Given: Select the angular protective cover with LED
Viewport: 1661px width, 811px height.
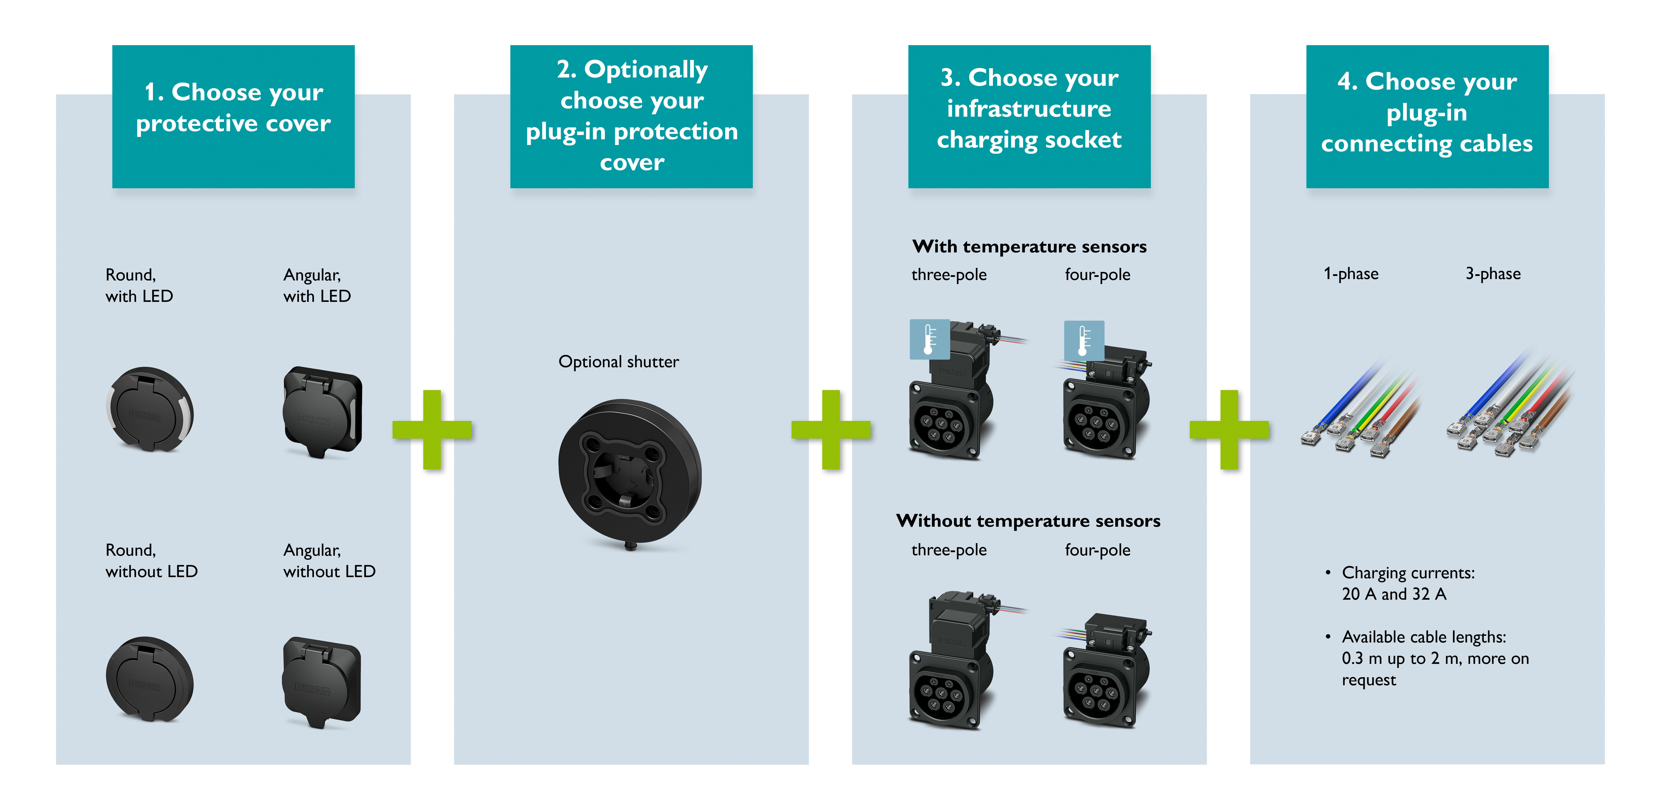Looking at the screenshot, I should tap(323, 411).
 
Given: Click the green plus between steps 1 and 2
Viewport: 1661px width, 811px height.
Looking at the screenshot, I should tap(432, 430).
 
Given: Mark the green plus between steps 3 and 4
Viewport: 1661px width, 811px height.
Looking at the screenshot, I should tap(1229, 430).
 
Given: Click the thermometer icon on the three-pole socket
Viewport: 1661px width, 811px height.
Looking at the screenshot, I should tap(929, 339).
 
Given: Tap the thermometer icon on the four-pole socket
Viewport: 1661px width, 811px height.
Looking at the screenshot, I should tap(1084, 340).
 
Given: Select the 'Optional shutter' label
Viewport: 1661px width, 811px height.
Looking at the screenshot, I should tap(618, 362).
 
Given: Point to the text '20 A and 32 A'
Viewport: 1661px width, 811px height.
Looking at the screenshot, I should tap(1394, 594).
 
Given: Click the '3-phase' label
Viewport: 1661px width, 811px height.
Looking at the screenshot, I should tap(1493, 274).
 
